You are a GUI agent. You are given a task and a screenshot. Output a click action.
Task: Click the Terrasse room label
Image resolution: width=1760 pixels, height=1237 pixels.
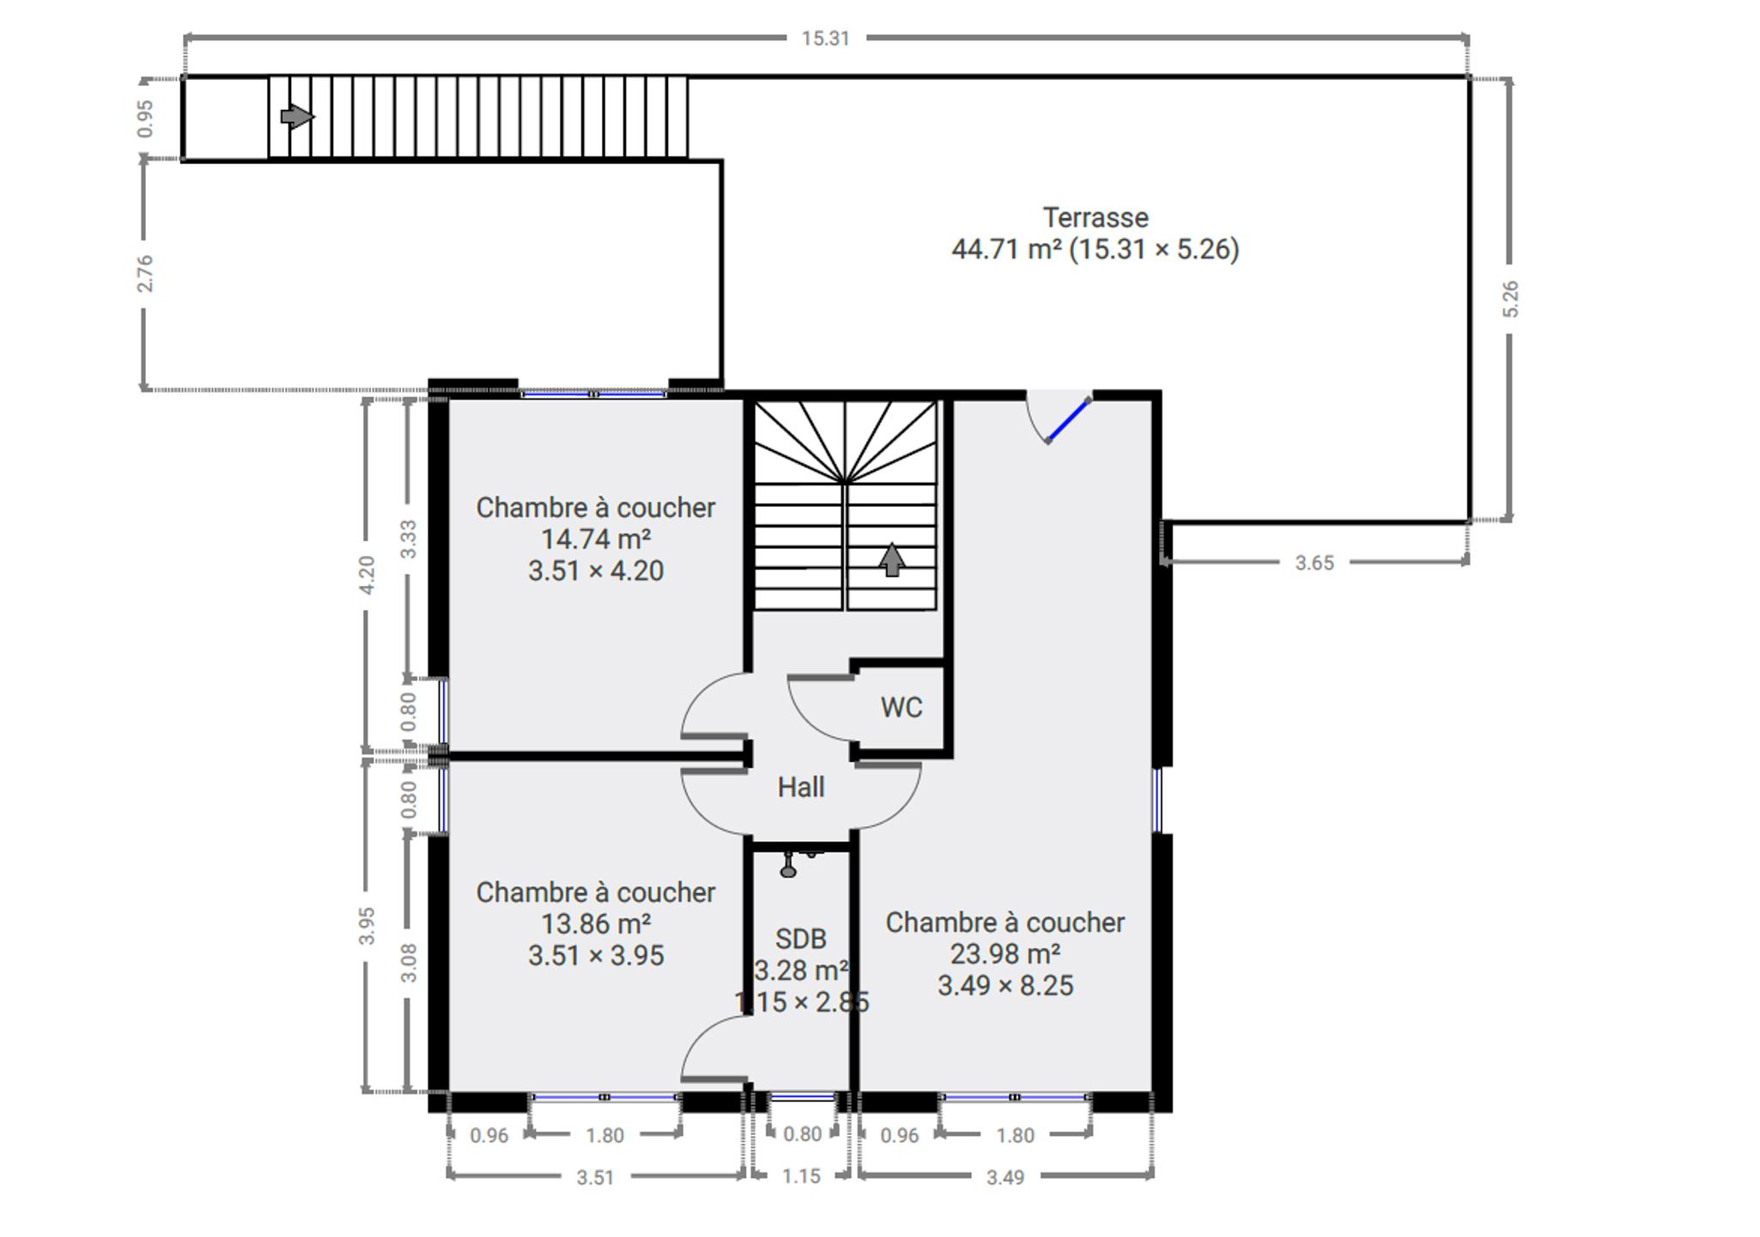[1095, 217]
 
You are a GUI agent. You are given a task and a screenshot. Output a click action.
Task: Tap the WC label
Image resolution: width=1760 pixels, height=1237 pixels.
[901, 708]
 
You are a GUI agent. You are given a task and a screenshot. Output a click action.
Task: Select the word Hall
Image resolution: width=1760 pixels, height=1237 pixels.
[801, 787]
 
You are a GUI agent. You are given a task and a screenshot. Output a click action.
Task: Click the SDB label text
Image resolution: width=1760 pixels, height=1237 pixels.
[801, 939]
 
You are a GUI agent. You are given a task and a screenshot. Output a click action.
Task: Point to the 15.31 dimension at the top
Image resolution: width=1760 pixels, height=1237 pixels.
[825, 39]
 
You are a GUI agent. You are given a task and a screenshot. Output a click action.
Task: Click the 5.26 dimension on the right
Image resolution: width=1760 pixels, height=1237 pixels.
[1510, 299]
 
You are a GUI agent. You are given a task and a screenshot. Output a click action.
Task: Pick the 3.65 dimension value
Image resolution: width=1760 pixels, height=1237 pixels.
[1314, 563]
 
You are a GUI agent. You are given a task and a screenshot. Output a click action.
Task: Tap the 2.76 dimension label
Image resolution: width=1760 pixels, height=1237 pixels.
[145, 273]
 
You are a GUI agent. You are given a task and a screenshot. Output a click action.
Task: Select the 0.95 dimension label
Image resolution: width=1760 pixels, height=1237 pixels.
[145, 119]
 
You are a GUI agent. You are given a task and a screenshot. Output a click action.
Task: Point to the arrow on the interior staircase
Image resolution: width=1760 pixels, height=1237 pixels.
[892, 559]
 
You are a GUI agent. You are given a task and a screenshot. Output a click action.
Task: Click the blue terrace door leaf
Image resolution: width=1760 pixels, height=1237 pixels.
[1069, 420]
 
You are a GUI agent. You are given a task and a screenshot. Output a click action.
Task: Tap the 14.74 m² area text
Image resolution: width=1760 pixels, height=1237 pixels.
[596, 539]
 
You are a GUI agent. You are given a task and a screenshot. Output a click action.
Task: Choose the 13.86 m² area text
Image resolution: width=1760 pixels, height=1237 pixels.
[596, 924]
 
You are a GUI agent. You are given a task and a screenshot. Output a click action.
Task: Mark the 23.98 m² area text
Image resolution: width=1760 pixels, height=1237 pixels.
[1005, 954]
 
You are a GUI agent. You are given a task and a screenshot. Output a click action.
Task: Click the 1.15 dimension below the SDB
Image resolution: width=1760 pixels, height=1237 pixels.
[801, 1176]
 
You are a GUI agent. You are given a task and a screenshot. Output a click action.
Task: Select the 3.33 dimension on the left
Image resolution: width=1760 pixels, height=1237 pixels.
[409, 539]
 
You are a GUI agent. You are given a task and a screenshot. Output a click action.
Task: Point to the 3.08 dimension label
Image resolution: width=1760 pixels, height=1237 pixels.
[409, 963]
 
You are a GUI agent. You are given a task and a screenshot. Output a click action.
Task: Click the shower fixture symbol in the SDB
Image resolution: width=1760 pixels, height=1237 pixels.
[789, 864]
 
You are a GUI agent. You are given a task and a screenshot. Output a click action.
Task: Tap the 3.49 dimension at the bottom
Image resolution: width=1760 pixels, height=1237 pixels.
[1005, 1177]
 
